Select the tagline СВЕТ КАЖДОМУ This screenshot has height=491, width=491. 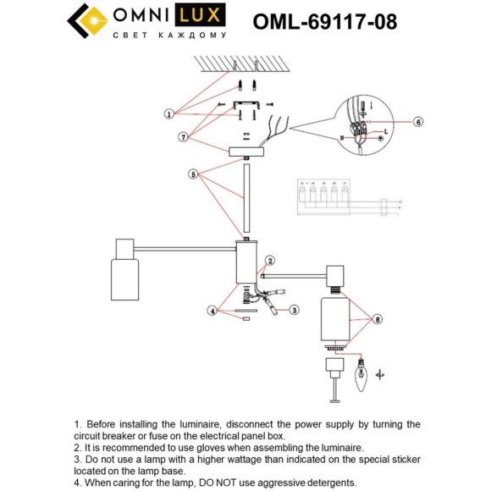169,36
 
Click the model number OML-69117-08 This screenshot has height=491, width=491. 324,20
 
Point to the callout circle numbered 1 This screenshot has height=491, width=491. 169,113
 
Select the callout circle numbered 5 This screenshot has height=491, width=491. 194,174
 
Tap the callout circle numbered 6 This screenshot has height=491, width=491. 417,121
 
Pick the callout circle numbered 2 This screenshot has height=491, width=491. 270,261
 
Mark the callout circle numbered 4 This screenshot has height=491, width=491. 212,310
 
